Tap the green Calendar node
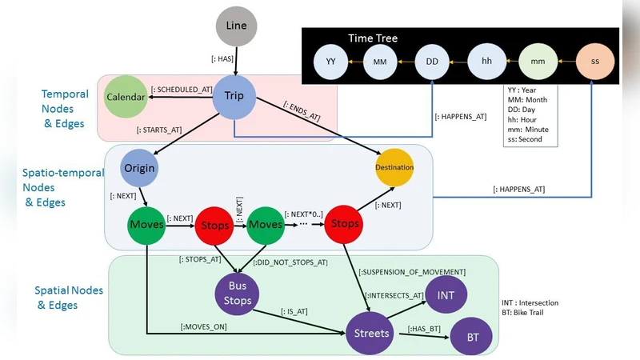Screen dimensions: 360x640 click(x=126, y=98)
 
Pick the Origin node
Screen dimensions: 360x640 click(x=138, y=169)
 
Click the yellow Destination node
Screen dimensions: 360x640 click(x=394, y=168)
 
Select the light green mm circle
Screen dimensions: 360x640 click(x=538, y=61)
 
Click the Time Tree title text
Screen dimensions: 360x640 click(x=372, y=38)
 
